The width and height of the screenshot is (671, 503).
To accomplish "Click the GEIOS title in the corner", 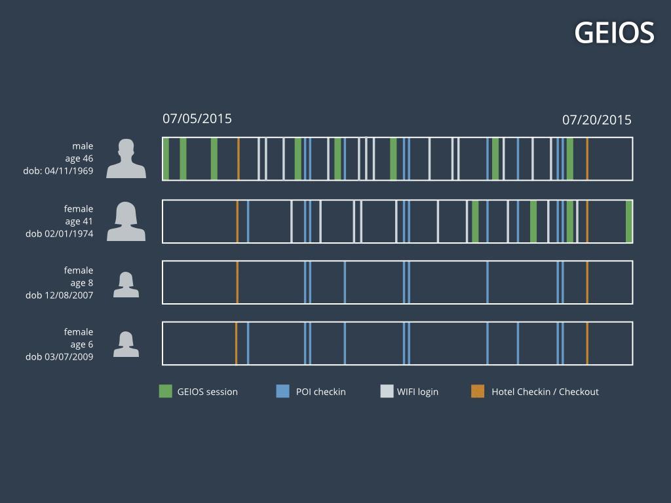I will [x=614, y=32].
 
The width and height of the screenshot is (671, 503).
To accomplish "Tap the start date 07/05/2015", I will [x=197, y=119].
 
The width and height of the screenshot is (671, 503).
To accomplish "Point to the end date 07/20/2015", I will [x=597, y=120].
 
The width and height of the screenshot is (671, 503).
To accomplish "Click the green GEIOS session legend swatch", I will [x=166, y=392].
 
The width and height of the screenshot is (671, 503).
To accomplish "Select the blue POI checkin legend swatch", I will [x=283, y=392].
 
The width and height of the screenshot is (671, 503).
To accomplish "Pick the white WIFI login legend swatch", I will [x=387, y=392].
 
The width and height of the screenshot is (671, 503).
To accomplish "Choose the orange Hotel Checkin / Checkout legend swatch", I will [x=478, y=392].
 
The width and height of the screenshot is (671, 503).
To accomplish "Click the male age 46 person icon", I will [x=126, y=159].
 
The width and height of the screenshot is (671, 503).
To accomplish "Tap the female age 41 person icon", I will [x=126, y=221].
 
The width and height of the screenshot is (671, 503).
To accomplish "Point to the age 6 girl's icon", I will [x=126, y=345].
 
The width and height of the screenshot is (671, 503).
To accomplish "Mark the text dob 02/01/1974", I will [x=60, y=234].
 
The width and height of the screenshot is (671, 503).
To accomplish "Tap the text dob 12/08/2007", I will [x=60, y=295].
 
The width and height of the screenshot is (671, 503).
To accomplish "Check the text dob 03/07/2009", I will [x=60, y=357].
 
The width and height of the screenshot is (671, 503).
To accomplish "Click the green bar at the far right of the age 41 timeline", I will [x=629, y=221].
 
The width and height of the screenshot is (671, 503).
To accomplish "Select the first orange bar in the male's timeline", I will [x=239, y=158].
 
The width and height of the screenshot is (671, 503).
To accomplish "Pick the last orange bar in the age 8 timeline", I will [x=587, y=282].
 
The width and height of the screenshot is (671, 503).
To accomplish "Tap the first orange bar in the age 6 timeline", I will [x=236, y=343].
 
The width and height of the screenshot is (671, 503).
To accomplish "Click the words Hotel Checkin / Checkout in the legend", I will [x=545, y=392].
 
